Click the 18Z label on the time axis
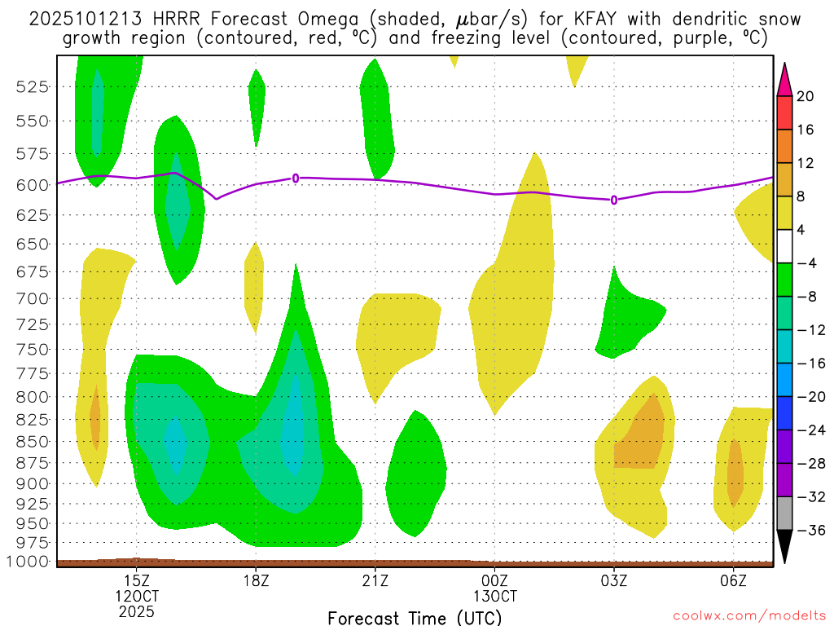click(x=256, y=580)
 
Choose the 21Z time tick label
click(x=375, y=580)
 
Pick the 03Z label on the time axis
click(x=613, y=580)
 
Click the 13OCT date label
click(x=494, y=595)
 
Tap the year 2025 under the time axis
click(x=136, y=611)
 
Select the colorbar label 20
click(x=805, y=96)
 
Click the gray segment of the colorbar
click(x=784, y=513)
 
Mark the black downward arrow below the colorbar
click(x=784, y=546)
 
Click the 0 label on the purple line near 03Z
click(x=613, y=200)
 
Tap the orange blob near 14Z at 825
click(x=95, y=418)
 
